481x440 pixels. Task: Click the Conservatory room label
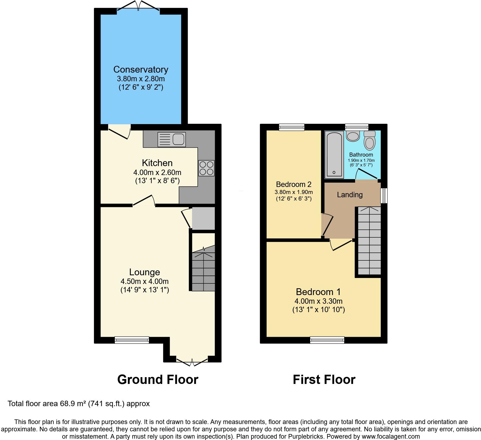pyautogui.click(x=141, y=70)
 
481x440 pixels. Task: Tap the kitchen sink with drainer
pyautogui.click(x=171, y=139)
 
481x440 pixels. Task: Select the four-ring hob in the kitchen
pyautogui.click(x=206, y=168)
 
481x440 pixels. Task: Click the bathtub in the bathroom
pyautogui.click(x=334, y=155)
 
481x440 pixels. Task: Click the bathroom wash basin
pyautogui.click(x=353, y=136)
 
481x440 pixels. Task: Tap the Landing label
pyautogui.click(x=350, y=195)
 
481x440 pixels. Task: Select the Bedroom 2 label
pyautogui.click(x=294, y=185)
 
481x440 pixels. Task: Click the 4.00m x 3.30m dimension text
pyautogui.click(x=318, y=301)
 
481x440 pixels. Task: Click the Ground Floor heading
pyautogui.click(x=158, y=380)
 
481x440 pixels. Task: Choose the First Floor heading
pyautogui.click(x=324, y=380)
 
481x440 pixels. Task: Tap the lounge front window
pyautogui.click(x=132, y=340)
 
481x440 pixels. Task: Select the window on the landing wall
pyautogui.click(x=384, y=196)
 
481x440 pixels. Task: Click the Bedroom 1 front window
pyautogui.click(x=327, y=340)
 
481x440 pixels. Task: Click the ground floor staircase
pyautogui.click(x=203, y=271)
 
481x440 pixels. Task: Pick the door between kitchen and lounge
pyautogui.click(x=144, y=202)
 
